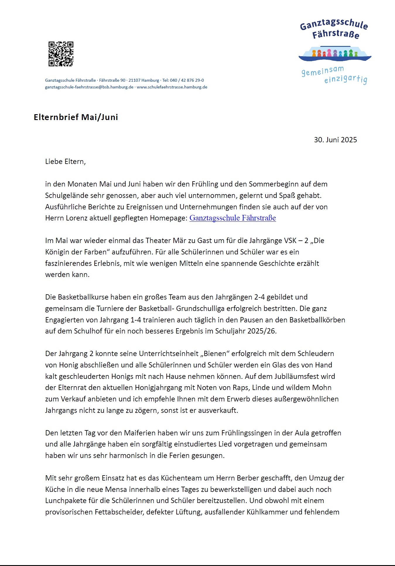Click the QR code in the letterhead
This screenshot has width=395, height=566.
[61, 54]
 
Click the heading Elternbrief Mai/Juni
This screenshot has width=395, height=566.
[76, 117]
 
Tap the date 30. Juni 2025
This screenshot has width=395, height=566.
[335, 140]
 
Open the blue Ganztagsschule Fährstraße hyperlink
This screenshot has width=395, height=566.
[232, 218]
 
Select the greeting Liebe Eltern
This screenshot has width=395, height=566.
[65, 161]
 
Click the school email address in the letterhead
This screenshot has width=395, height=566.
[89, 87]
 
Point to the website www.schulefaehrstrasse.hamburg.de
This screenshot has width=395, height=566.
[172, 87]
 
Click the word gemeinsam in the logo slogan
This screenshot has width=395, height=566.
[322, 71]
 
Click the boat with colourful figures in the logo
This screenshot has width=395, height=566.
[335, 54]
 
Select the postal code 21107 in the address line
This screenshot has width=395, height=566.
[134, 80]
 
